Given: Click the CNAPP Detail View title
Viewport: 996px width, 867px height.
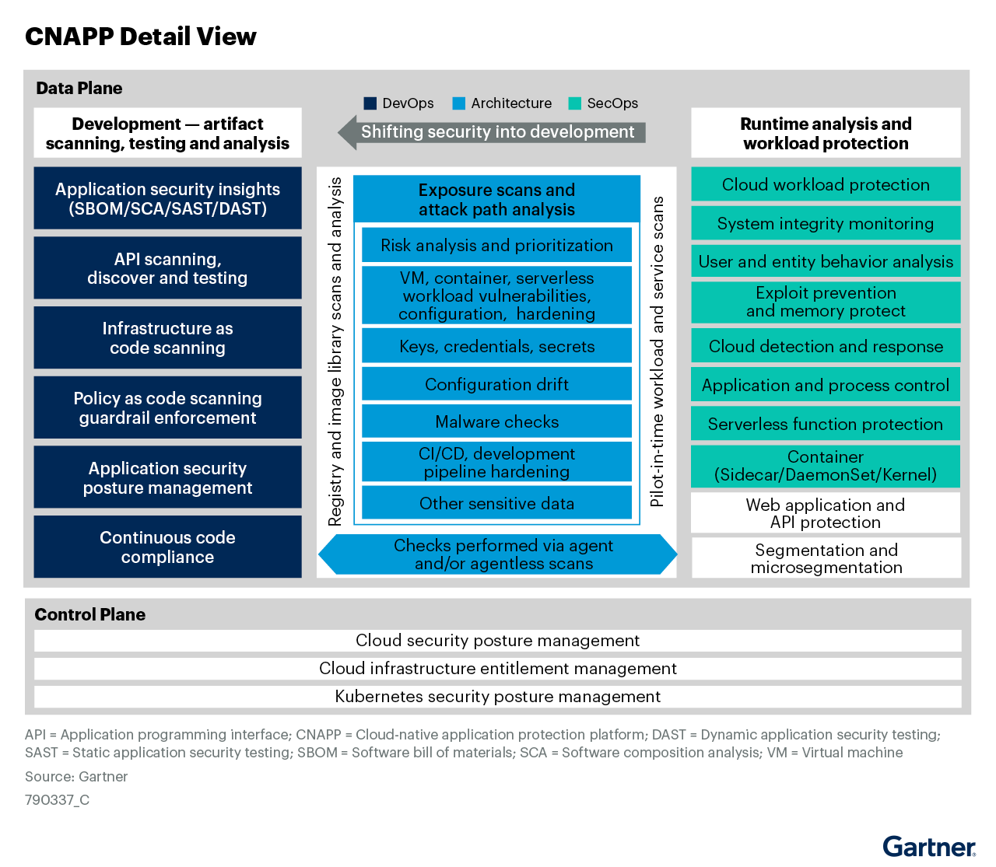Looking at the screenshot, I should (140, 37).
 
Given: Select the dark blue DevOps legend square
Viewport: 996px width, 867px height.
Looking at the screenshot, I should (370, 103).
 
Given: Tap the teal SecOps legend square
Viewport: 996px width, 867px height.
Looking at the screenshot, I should (575, 103).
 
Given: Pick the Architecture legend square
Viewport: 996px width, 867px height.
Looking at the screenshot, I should (459, 103).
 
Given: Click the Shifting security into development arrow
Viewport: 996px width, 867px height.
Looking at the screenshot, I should (492, 132).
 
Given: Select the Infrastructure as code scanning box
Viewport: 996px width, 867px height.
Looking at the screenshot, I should (167, 337).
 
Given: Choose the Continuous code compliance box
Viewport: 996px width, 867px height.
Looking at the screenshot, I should (167, 547).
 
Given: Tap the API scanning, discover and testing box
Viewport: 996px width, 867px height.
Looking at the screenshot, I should (167, 267).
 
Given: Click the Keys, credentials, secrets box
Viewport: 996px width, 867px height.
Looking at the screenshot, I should (496, 346).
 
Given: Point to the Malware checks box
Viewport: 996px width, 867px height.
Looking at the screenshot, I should (496, 421).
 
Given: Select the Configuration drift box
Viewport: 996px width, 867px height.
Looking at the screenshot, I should (496, 384).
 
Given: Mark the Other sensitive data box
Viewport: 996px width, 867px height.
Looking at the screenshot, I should (496, 503).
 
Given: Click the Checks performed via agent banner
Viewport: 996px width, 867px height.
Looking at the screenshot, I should (498, 554).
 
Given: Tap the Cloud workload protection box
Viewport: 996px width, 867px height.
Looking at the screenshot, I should (826, 184).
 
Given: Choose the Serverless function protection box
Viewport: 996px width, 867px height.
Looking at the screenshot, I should (826, 424).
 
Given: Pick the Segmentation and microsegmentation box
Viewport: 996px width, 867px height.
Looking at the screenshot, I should (826, 558).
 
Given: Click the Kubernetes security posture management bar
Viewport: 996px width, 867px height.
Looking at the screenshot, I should (498, 696).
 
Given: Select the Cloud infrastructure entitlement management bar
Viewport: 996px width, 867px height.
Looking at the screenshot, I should (498, 668).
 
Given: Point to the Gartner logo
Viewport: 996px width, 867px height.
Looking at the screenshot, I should (929, 847).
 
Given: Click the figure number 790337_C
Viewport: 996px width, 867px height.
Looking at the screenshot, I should (57, 799).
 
